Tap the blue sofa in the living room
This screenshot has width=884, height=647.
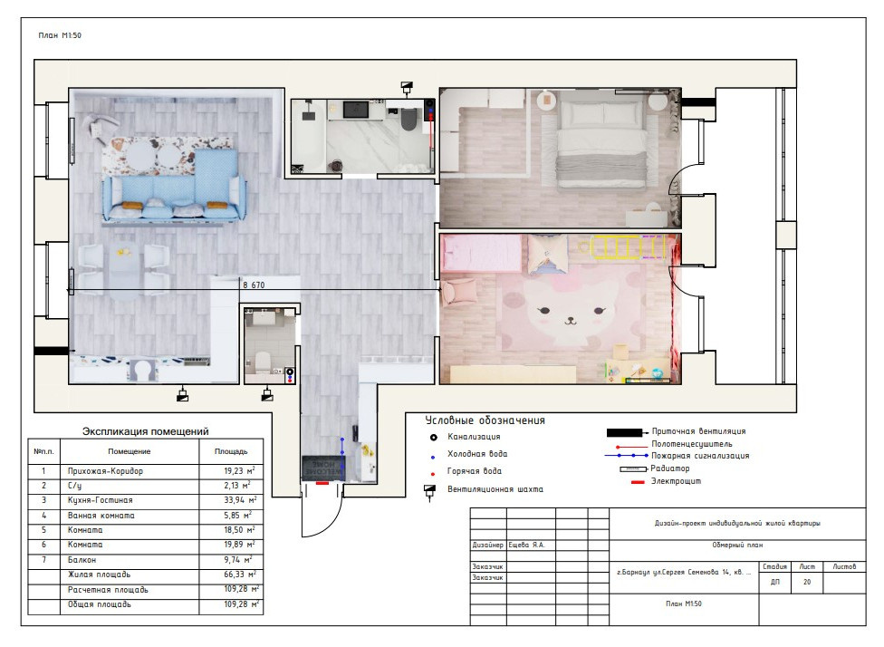[x=175, y=189]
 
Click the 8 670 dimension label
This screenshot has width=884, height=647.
[x=254, y=285]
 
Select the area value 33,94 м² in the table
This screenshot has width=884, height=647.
[x=240, y=500]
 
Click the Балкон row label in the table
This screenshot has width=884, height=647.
[x=82, y=560]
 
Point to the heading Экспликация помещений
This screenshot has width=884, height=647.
[x=146, y=431]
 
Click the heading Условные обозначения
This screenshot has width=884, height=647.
[x=485, y=420]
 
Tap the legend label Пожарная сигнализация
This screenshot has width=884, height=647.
[x=700, y=456]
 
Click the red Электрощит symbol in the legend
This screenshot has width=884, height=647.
[x=638, y=482]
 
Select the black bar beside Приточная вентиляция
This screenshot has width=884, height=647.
[x=624, y=432]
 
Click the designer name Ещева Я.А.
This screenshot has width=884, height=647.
[x=526, y=545]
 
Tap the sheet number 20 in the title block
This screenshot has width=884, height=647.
[x=807, y=582]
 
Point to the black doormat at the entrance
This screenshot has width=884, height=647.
[x=323, y=468]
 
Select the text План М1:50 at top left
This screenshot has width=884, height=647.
[x=60, y=35]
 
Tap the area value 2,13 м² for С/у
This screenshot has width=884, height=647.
[x=237, y=485]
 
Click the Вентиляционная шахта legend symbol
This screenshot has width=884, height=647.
[x=429, y=491]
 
